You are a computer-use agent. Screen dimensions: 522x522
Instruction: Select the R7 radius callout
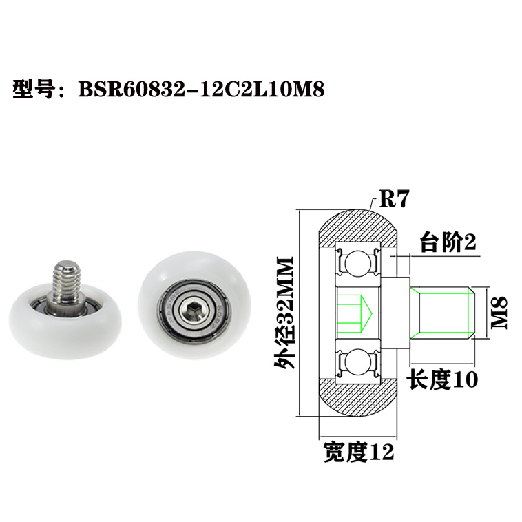pyautogui.click(x=395, y=200)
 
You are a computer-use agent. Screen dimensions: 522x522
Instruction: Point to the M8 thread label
pyautogui.click(x=499, y=312)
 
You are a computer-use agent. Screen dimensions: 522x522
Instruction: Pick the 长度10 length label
pyautogui.click(x=443, y=379)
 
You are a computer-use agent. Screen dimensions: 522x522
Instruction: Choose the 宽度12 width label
pyautogui.click(x=358, y=452)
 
